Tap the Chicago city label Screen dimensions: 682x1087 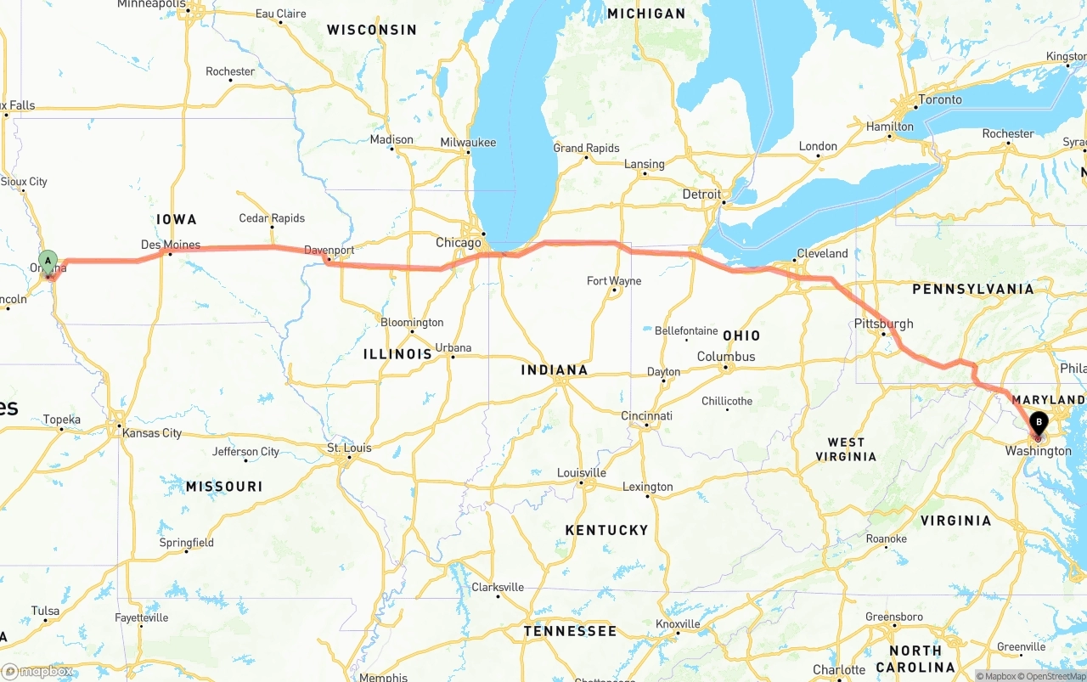[459, 243]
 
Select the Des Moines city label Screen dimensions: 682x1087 [171, 245]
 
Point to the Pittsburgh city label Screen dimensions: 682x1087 [884, 324]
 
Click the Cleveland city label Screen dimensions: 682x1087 [821, 253]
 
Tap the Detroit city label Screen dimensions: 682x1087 [701, 194]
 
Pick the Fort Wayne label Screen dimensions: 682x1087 [614, 281]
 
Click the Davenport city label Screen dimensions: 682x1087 [329, 251]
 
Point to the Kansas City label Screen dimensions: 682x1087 [152, 433]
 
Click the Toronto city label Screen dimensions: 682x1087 [940, 99]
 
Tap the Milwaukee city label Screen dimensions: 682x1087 [468, 143]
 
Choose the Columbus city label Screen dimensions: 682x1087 [726, 357]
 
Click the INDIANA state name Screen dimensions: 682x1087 [555, 369]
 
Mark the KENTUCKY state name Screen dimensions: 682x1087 [606, 530]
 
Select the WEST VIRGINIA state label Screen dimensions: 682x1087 [846, 449]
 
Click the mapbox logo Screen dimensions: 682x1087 [37, 671]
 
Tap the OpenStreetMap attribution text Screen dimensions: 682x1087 [1054, 676]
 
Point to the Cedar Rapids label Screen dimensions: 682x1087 [272, 218]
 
